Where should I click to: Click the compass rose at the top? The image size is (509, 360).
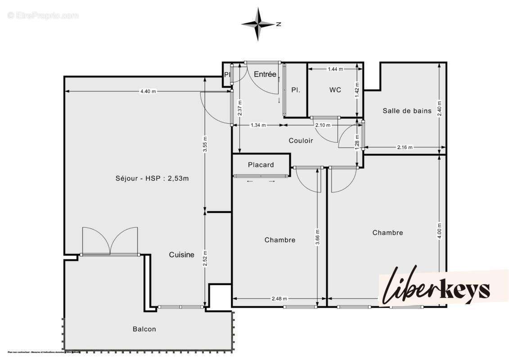coord(258,24)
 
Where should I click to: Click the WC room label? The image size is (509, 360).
coord(335,90)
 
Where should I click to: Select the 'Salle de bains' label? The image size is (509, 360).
coord(407,111)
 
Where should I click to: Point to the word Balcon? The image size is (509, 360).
coord(144,329)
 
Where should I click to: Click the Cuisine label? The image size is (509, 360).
coord(182,255)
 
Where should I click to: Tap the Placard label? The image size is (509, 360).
coord(261,165)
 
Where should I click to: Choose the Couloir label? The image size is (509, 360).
coord(301,140)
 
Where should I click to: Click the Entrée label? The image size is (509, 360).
coord(265,75)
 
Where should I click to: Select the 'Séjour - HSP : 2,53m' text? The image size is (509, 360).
coord(152,178)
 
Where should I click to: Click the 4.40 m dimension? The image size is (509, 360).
coord(148,91)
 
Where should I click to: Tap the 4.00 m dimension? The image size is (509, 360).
coord(440,231)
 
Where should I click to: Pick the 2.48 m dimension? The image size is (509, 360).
coord(279,298)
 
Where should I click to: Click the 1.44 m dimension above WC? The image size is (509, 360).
coord(335,69)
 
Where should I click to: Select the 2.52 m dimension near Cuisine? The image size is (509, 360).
coord(205,258)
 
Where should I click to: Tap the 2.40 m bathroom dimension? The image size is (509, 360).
coord(440,108)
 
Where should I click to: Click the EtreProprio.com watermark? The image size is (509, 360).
coord(43,16)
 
